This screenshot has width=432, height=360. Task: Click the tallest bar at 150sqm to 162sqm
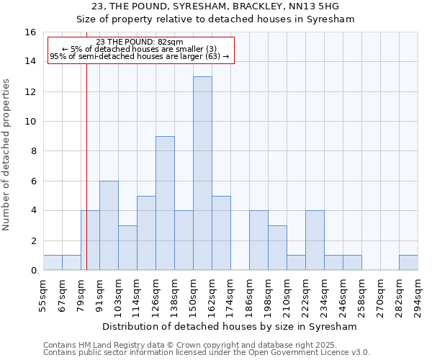[202, 174]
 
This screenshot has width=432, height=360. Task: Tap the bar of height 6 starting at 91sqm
[109, 225]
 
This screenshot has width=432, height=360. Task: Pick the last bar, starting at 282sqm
[408, 263]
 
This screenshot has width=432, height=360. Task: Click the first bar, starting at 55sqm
[53, 263]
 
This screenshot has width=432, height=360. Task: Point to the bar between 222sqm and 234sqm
[315, 240]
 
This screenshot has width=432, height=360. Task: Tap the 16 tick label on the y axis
[30, 32]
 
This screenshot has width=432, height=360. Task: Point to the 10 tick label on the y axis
[30, 122]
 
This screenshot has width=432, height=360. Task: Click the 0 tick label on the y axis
[33, 271]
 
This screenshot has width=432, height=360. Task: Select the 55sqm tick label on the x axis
[44, 295]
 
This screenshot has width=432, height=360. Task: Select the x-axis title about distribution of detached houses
[230, 326]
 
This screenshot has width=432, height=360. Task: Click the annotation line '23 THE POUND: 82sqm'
[140, 42]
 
